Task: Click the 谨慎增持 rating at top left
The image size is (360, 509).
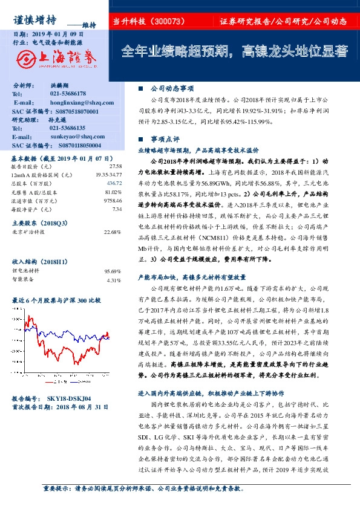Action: pyautogui.click(x=35, y=20)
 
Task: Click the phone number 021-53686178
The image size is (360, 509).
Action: pyautogui.click(x=67, y=94)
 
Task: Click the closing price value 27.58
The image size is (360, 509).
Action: pyautogui.click(x=116, y=166)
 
